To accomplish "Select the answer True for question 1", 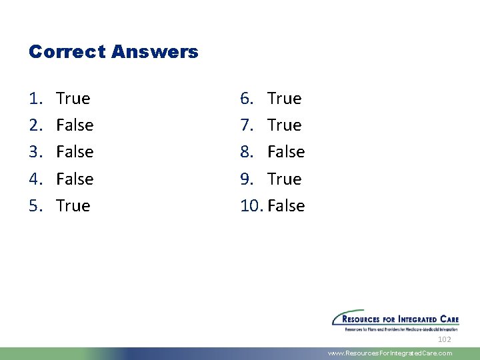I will pyautogui.click(x=73, y=99).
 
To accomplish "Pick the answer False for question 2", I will pyautogui.click(x=75, y=125).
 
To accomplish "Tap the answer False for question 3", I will pyautogui.click(x=75, y=152).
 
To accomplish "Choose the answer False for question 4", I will pyautogui.click(x=75, y=179).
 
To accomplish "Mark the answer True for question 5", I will pyautogui.click(x=73, y=205).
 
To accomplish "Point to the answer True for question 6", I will pyautogui.click(x=285, y=99).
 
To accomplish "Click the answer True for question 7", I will pyautogui.click(x=285, y=125).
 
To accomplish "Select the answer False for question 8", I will pyautogui.click(x=286, y=152).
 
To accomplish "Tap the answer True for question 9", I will pyautogui.click(x=285, y=179).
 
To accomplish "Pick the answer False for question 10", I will pyautogui.click(x=286, y=205).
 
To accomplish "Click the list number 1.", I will pyautogui.click(x=35, y=99).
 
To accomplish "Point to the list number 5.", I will pyautogui.click(x=35, y=205).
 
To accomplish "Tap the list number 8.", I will pyautogui.click(x=246, y=152).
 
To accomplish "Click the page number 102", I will pyautogui.click(x=444, y=340).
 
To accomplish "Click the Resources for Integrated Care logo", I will pyautogui.click(x=395, y=320).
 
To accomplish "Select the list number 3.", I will pyautogui.click(x=35, y=152).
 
